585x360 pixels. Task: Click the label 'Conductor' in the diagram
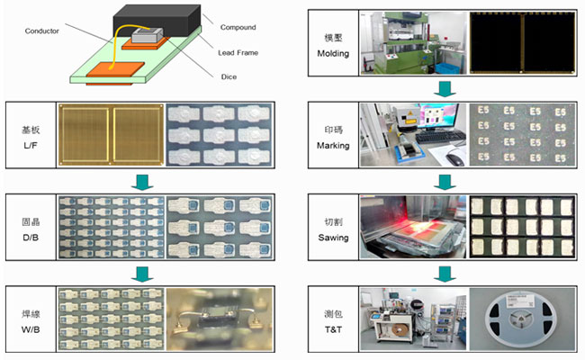(x=42, y=30)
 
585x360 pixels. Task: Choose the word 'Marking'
(x=333, y=144)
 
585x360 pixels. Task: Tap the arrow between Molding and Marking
(x=443, y=88)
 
